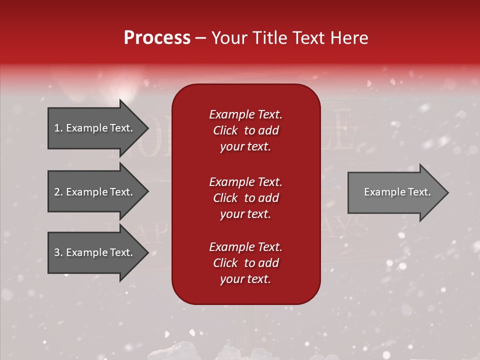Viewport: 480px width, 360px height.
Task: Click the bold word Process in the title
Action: [x=157, y=38]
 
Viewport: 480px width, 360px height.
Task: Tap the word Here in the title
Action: [x=350, y=38]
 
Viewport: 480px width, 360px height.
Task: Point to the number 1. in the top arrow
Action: [x=58, y=128]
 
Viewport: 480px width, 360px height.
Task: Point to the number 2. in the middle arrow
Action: [x=58, y=192]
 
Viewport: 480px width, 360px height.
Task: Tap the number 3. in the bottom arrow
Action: [x=58, y=252]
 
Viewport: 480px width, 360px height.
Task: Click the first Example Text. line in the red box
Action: [x=245, y=114]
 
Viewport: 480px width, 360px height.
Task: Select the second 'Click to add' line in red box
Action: [x=245, y=198]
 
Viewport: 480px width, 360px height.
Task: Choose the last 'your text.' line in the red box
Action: [x=245, y=279]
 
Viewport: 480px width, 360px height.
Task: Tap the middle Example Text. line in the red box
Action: [x=245, y=182]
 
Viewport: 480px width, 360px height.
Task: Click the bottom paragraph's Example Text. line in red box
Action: [x=245, y=247]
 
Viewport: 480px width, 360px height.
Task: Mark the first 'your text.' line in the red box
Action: [x=245, y=147]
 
